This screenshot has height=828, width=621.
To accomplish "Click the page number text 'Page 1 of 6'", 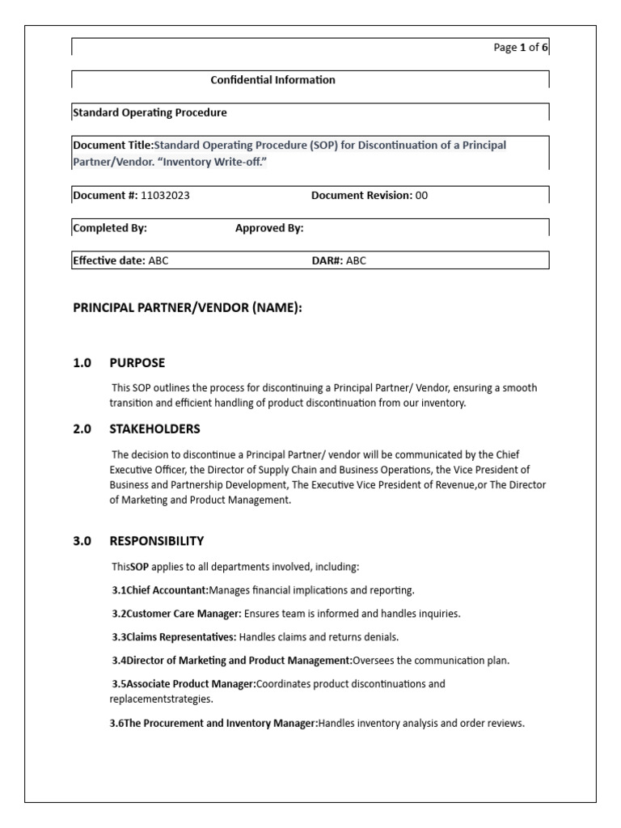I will [x=520, y=48].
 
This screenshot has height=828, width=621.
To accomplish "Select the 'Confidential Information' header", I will [x=272, y=80].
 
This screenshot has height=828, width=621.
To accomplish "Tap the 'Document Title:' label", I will [x=112, y=146].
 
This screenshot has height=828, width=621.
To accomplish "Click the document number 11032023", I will [x=165, y=196].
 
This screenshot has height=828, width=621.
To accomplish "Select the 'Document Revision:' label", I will [x=361, y=196].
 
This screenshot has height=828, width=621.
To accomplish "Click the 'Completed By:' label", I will [x=110, y=228].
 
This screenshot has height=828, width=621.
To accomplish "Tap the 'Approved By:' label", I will [x=269, y=228].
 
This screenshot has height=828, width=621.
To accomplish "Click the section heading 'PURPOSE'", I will [x=137, y=362].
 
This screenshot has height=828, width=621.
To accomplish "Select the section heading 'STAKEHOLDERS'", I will [x=154, y=429].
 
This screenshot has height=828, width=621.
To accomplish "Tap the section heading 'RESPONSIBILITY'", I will [x=157, y=540].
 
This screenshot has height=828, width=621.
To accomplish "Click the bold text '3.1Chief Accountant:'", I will [x=160, y=589].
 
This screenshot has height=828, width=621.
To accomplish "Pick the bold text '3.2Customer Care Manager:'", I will [x=173, y=613].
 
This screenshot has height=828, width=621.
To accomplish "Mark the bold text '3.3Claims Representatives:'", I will [x=174, y=636].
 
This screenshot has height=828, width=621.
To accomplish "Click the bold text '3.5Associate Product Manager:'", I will [x=183, y=683].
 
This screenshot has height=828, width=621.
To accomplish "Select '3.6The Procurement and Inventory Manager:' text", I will [x=213, y=723].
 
